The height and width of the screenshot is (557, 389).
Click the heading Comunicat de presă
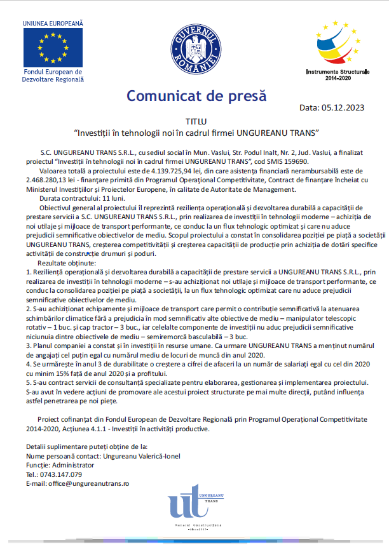(x=196, y=96)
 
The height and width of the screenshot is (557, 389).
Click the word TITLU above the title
(x=196, y=121)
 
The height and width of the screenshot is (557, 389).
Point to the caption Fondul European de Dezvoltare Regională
(x=53, y=76)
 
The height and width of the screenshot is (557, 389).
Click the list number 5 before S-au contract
(x=29, y=384)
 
